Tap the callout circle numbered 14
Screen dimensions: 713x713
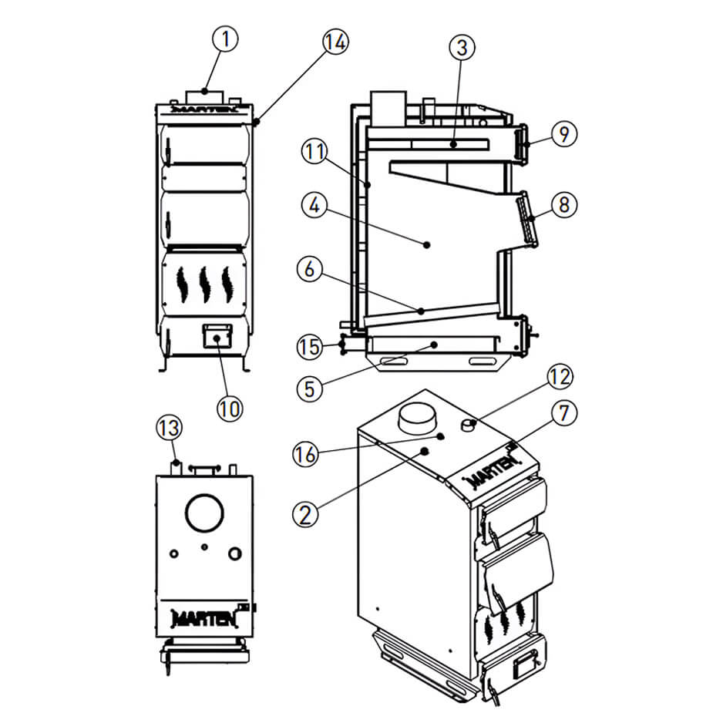point(333,42)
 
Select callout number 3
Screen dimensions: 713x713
point(461,48)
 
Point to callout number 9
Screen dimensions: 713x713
point(564,134)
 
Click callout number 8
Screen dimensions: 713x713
point(564,205)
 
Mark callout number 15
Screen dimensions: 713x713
point(311,346)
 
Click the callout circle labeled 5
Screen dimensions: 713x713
point(310,388)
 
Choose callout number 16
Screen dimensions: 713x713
point(307,455)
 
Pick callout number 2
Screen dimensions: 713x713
point(307,513)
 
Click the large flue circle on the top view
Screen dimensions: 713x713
point(204,513)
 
